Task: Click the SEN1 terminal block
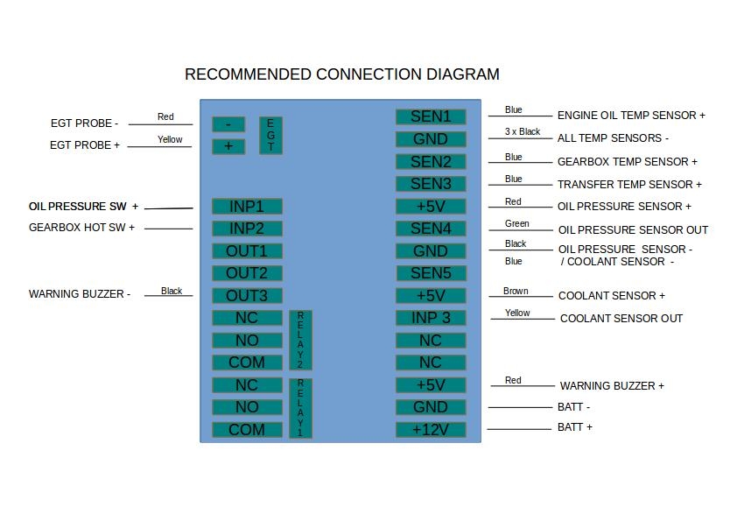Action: (431, 116)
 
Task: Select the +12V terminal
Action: (431, 430)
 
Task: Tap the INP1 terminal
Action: (246, 207)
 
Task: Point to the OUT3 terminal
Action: (246, 296)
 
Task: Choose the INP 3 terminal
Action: (431, 318)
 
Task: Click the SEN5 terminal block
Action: (431, 273)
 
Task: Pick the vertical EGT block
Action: (270, 136)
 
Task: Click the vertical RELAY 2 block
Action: (300, 340)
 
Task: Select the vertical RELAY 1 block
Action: (300, 407)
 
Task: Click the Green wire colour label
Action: (517, 224)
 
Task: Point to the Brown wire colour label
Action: (516, 292)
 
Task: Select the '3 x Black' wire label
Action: (523, 132)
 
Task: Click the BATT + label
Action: (575, 427)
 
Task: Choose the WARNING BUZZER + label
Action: (612, 386)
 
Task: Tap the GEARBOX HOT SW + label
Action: (82, 228)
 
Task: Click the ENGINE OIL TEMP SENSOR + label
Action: (631, 116)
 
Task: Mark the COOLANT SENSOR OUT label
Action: (621, 319)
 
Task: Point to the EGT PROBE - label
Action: (84, 123)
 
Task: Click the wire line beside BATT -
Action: (521, 407)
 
